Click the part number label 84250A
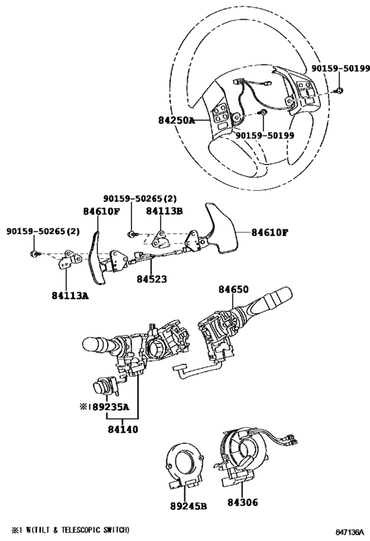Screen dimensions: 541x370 coord(176,121)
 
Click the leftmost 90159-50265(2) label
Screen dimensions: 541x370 coord(43,231)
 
